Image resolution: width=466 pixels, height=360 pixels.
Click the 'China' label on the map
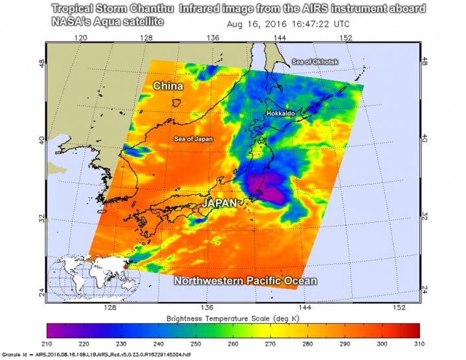point(168,86)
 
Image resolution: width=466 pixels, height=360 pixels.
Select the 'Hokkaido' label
point(280,113)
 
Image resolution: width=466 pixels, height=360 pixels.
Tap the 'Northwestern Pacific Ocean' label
point(245,281)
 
